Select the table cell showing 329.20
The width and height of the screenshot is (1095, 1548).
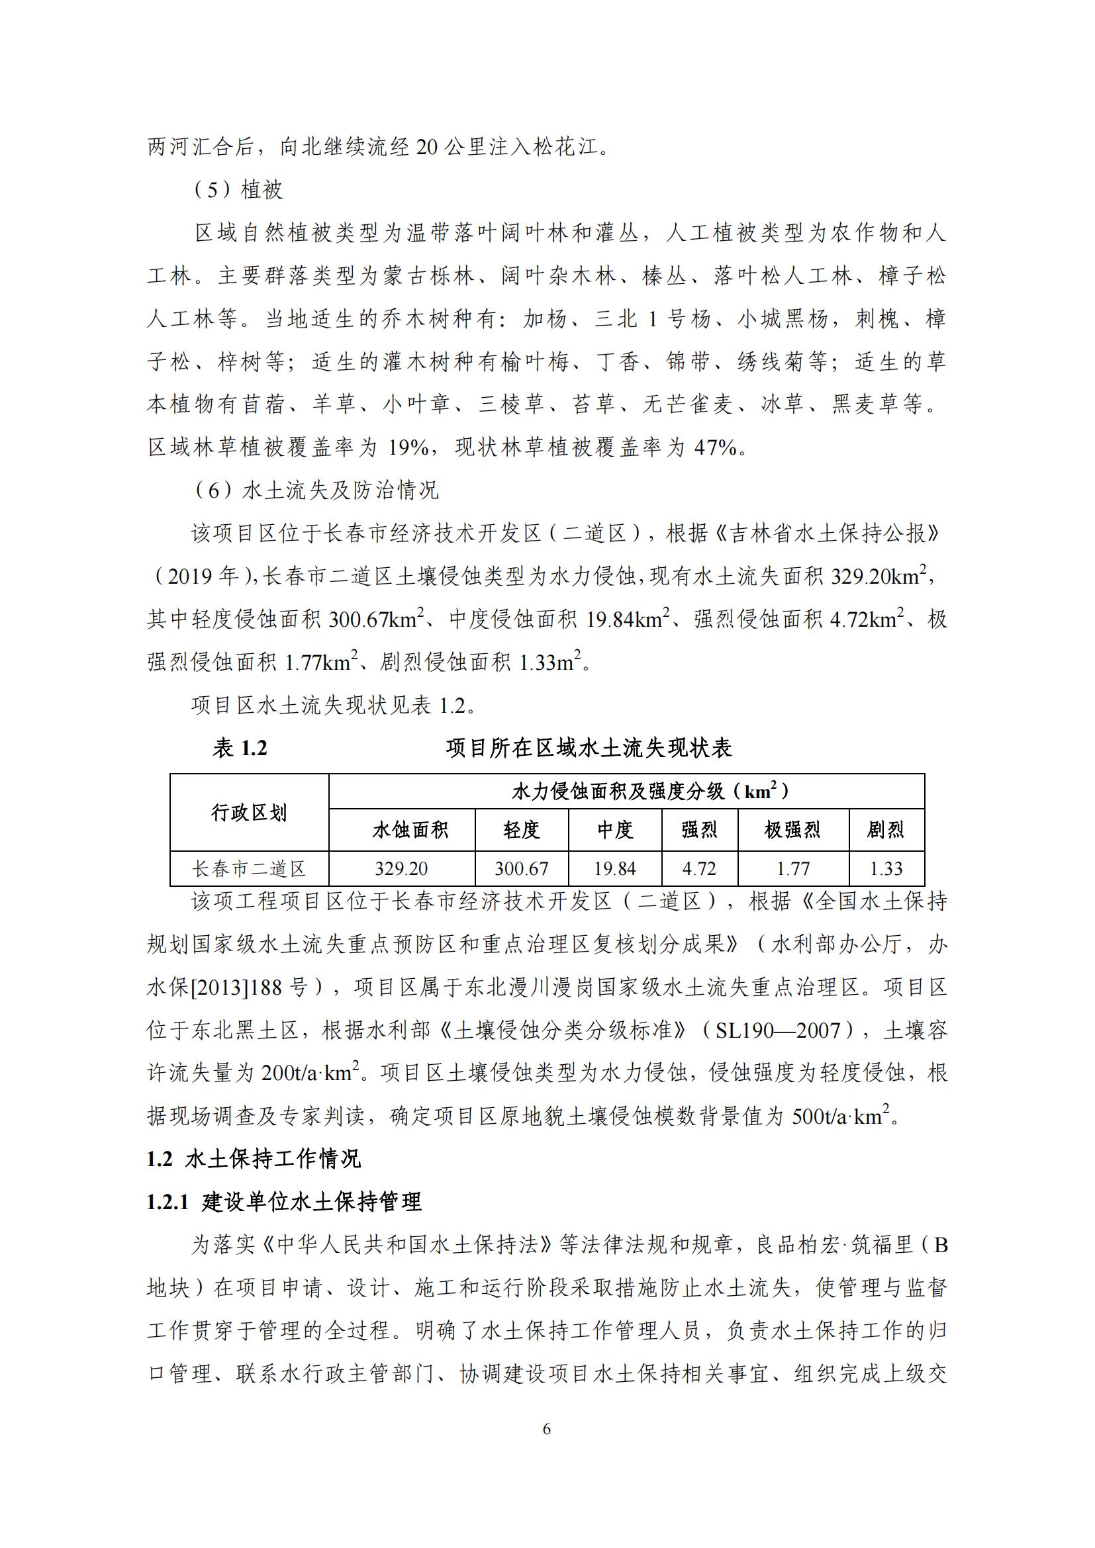[x=401, y=868]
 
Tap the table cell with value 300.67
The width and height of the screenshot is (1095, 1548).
[x=521, y=868]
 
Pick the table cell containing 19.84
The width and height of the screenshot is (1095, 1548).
[x=615, y=868]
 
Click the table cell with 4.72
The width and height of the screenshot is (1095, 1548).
[x=699, y=868]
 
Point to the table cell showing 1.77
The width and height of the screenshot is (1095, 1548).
[x=793, y=868]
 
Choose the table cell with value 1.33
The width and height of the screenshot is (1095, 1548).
[x=886, y=868]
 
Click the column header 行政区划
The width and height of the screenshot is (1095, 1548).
[x=249, y=813]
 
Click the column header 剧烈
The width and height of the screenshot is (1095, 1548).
[x=885, y=830]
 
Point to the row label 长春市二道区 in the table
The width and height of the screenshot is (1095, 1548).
[x=249, y=868]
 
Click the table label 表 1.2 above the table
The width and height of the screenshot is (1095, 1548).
[x=240, y=748]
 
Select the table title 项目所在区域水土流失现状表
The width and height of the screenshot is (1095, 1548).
[x=589, y=748]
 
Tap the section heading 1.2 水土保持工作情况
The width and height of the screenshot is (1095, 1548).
[x=254, y=1159]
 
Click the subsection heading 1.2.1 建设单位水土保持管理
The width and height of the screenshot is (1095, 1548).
[x=284, y=1201]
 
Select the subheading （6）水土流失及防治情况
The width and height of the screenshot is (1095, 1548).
[x=316, y=490]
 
